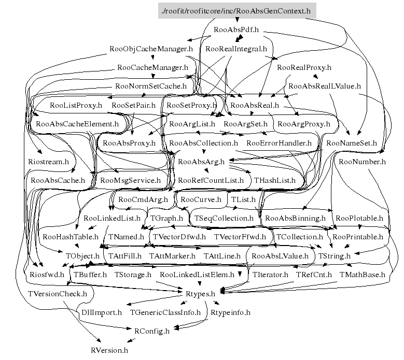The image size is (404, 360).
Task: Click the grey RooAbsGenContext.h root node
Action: (x=236, y=10)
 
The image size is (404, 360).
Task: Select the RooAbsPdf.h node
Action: (x=236, y=30)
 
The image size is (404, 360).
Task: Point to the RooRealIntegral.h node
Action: (x=236, y=49)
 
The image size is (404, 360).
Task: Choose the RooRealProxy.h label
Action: (x=304, y=67)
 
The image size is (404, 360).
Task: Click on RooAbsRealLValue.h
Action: (x=324, y=86)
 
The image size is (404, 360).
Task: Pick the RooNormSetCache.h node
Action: (x=151, y=86)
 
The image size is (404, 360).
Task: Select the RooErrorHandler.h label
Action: (x=279, y=142)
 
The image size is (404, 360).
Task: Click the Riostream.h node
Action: (x=48, y=162)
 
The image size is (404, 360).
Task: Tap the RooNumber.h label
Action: (x=363, y=162)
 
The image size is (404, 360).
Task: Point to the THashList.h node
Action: (x=274, y=180)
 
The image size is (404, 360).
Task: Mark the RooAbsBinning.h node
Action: (x=295, y=218)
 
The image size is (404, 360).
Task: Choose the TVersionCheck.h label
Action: (x=57, y=293)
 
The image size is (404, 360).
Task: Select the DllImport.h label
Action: (x=102, y=312)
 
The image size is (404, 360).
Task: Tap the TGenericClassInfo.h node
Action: (x=165, y=312)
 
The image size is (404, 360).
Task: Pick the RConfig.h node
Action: (x=152, y=331)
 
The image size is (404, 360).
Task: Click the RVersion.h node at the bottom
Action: (x=109, y=350)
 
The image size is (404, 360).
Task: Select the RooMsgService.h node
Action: (x=130, y=180)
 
